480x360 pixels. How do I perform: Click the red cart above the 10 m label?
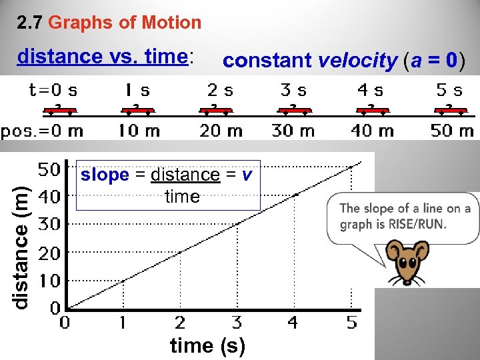click(136, 110)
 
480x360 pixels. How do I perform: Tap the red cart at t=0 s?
click(59, 110)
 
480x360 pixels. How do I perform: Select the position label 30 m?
click(293, 131)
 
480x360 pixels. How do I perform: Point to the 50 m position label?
click(452, 131)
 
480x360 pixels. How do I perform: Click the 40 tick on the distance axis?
click(49, 197)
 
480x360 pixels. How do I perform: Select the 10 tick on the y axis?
click(49, 281)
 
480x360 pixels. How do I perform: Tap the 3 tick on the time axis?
click(237, 323)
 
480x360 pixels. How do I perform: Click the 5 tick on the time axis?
click(351, 323)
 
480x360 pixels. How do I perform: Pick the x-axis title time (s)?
click(207, 346)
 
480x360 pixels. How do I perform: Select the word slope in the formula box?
click(105, 175)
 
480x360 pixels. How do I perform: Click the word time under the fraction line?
click(182, 197)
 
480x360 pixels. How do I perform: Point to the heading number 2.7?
click(31, 23)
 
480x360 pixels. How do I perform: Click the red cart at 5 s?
click(449, 110)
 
